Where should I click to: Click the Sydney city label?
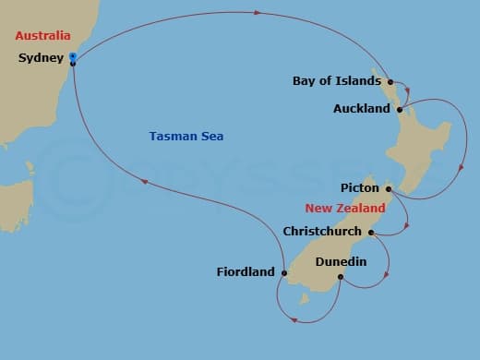(x=40, y=58)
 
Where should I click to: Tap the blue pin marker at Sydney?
(x=72, y=57)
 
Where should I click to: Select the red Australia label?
(x=42, y=36)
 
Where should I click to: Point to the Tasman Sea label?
(x=186, y=137)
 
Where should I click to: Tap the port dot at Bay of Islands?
(x=391, y=81)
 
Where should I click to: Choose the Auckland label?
(x=362, y=109)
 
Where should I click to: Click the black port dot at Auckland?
(x=399, y=109)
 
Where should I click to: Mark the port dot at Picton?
(x=389, y=189)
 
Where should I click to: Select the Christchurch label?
(x=322, y=232)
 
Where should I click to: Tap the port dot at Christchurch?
(x=371, y=233)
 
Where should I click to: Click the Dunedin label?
(x=341, y=262)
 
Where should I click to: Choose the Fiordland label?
(x=246, y=271)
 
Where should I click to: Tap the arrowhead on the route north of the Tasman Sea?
(x=257, y=13)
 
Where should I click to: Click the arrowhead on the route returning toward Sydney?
(x=146, y=182)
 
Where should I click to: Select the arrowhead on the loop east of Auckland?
(x=462, y=166)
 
